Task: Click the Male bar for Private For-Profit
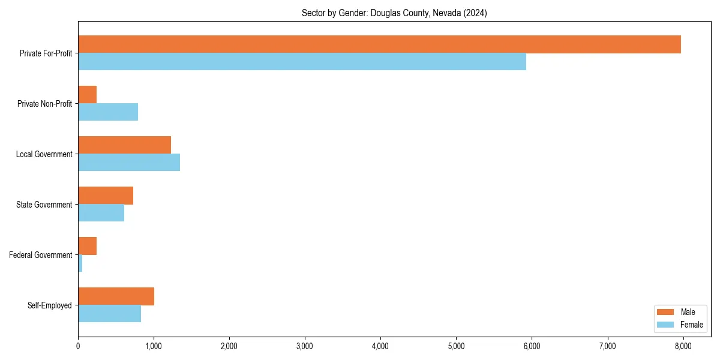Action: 379,44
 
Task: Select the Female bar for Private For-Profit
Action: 302,62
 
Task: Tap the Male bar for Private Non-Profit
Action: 88,95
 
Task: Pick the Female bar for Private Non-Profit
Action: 108,112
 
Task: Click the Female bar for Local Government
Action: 129,163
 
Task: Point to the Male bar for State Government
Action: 106,196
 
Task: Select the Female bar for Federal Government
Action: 80,263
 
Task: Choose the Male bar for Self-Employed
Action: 116,296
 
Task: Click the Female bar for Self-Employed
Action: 109,314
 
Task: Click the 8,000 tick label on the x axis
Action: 683,346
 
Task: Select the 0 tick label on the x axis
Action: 78,346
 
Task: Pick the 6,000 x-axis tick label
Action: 532,346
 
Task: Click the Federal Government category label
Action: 41,255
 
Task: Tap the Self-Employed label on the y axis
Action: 50,305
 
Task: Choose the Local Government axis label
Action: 44,154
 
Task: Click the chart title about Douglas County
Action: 394,13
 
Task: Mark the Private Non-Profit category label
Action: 44,104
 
